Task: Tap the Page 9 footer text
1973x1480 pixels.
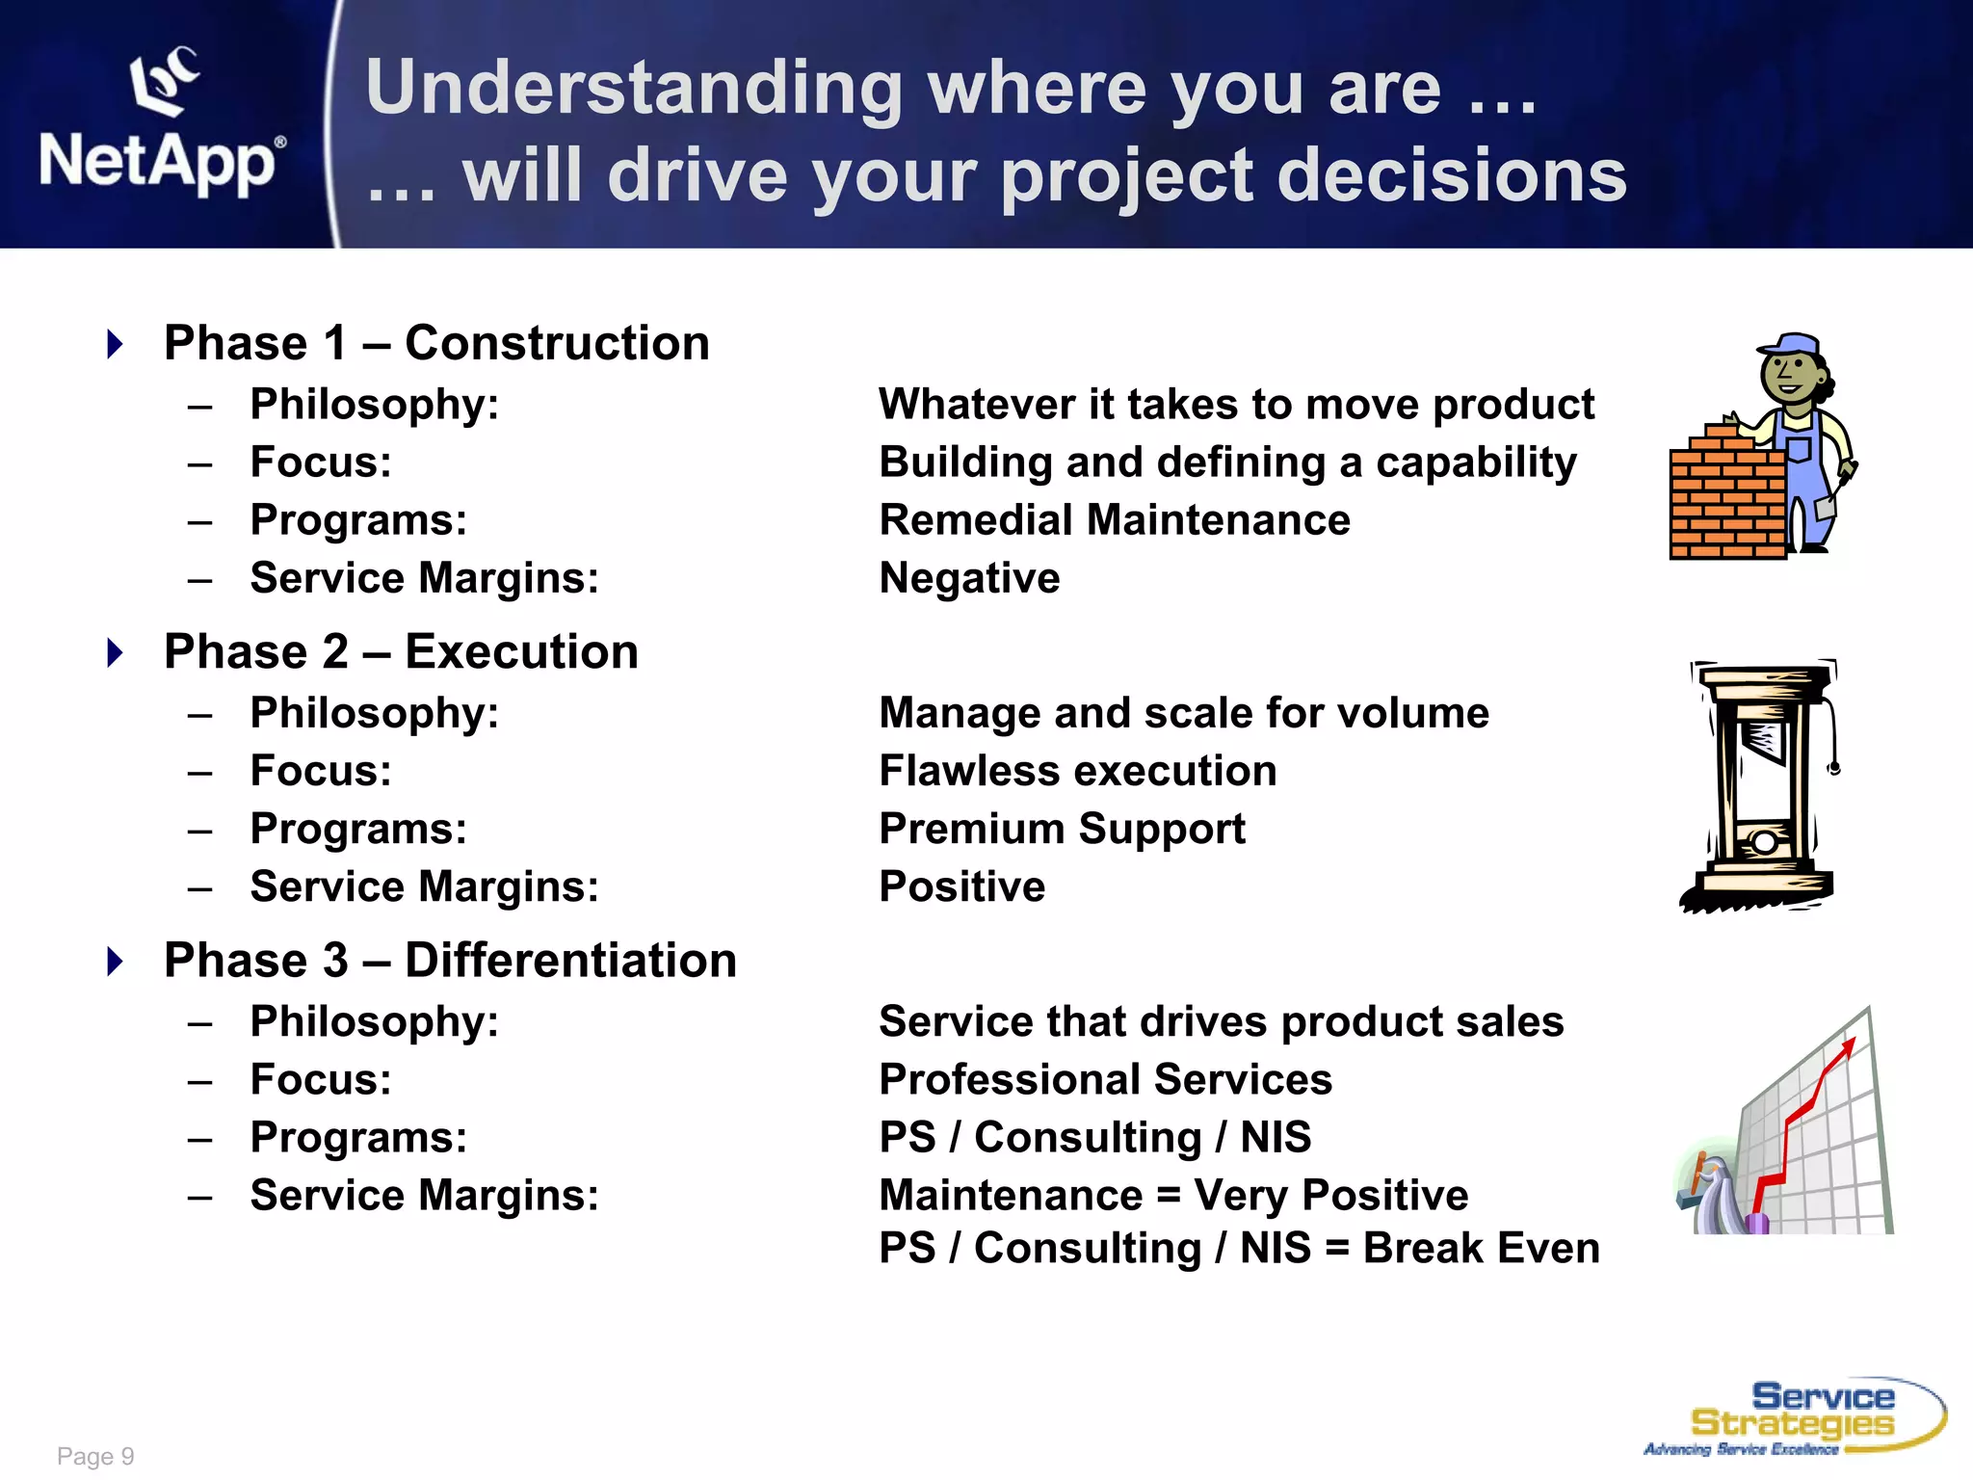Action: coord(95,1456)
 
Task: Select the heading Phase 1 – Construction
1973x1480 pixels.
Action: coord(436,343)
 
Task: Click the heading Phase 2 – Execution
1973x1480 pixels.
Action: coord(401,651)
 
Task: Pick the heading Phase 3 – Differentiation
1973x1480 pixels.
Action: coord(450,960)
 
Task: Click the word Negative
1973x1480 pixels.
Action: coord(969,578)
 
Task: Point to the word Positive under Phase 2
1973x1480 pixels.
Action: coord(961,886)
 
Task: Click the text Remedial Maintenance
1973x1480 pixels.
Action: coord(1115,520)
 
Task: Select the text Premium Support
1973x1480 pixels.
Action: coord(1062,829)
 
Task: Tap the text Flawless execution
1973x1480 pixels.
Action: coord(1078,771)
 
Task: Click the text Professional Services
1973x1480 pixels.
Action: coord(1105,1079)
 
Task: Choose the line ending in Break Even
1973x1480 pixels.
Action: coord(1239,1248)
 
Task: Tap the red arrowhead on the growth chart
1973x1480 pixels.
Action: coord(1848,1046)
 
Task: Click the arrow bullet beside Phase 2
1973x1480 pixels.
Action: coord(115,652)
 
